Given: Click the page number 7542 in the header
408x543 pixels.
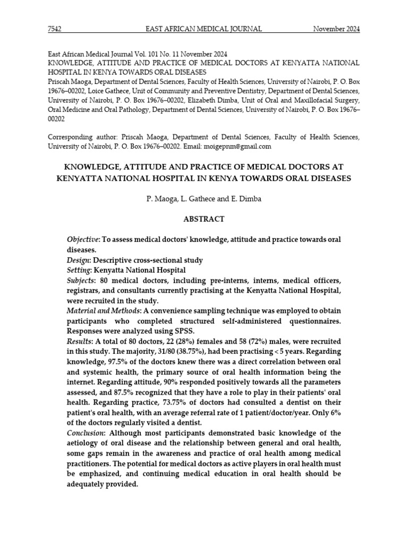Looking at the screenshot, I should click(x=55, y=29).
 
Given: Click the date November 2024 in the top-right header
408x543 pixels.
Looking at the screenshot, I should click(x=336, y=29).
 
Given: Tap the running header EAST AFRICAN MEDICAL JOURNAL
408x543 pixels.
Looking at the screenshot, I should click(x=203, y=29).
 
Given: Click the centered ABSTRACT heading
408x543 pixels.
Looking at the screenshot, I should click(x=203, y=219).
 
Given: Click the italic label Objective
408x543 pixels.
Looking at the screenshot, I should click(x=83, y=240).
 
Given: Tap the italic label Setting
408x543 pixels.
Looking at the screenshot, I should click(x=79, y=270).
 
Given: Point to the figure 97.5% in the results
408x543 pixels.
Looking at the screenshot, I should click(x=118, y=361).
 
